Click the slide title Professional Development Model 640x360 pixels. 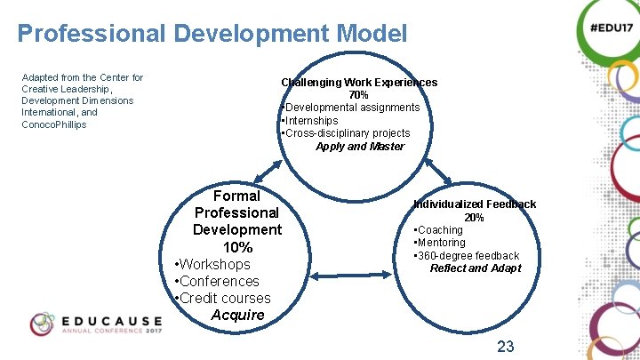[212, 35]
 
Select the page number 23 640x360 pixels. [506, 346]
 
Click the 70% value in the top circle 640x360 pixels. [358, 95]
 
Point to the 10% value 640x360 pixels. [237, 247]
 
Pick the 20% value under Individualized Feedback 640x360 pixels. [474, 218]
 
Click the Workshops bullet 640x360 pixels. [214, 264]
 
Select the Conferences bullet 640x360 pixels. [219, 281]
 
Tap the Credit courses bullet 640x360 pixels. [224, 298]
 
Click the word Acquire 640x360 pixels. [238, 315]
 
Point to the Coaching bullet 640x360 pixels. [439, 230]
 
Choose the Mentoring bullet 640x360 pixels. [440, 243]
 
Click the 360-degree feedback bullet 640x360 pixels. [467, 256]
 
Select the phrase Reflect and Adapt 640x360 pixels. [476, 268]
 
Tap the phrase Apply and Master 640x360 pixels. [360, 147]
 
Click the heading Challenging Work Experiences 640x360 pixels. [359, 83]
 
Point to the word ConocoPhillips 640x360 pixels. [54, 124]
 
